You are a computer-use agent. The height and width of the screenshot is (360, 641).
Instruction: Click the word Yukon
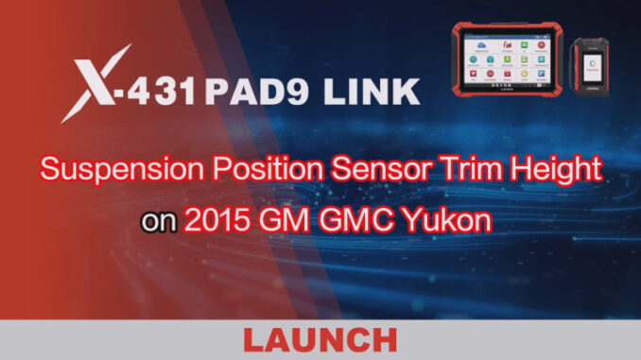click(x=455, y=223)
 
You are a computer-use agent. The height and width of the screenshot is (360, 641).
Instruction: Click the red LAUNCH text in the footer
click(x=321, y=339)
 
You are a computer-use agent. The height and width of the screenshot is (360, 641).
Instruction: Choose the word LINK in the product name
click(x=364, y=93)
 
